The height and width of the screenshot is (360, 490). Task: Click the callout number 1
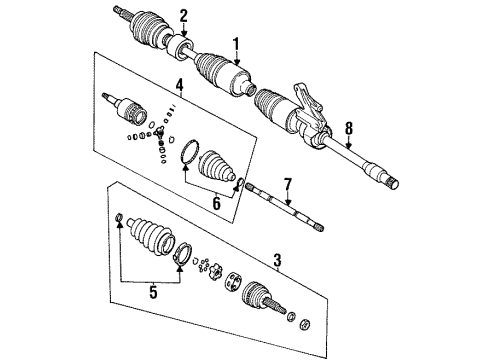[x=236, y=45]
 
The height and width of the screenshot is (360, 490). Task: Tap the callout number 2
[x=184, y=14]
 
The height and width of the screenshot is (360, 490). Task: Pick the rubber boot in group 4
[x=216, y=169]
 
